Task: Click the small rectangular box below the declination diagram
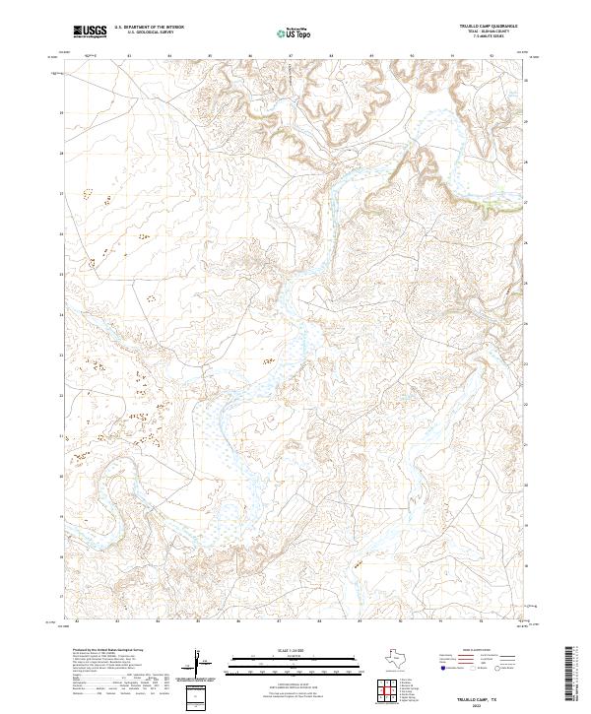click(198, 695)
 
